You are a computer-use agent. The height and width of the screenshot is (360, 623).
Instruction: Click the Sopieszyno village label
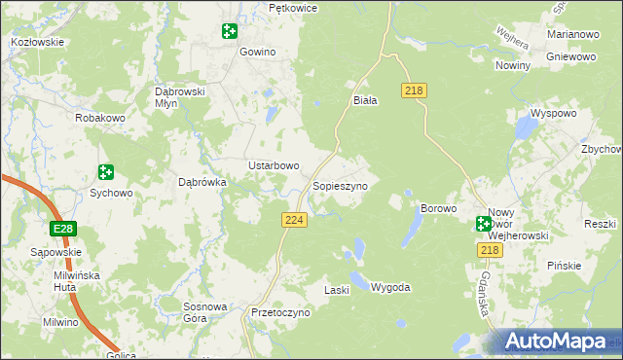(340, 185)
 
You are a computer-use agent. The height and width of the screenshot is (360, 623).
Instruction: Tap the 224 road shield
(295, 221)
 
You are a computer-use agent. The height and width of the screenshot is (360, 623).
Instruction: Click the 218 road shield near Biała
(414, 90)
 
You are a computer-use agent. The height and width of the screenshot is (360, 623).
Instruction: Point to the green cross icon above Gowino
(229, 32)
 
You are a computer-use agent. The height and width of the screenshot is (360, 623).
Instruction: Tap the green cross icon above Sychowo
(106, 172)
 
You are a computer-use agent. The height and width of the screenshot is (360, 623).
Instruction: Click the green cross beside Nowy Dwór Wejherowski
(484, 224)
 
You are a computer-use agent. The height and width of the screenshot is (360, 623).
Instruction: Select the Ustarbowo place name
(274, 165)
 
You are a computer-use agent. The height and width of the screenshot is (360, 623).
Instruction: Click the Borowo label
(438, 208)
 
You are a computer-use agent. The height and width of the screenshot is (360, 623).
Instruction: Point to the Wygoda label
(390, 288)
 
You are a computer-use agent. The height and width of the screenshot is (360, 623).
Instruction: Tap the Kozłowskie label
(37, 42)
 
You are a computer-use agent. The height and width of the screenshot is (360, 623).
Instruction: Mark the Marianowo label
(572, 34)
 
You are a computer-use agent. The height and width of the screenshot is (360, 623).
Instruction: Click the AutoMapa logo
(555, 342)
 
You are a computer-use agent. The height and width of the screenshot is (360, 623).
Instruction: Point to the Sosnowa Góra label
(205, 312)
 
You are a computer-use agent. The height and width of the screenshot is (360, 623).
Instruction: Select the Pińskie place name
(564, 265)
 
